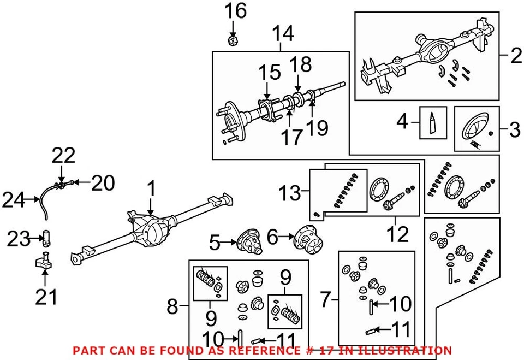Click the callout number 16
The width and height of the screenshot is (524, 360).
(x=236, y=11)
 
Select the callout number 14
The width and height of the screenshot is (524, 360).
(x=283, y=34)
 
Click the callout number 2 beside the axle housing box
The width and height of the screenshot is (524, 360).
(x=513, y=55)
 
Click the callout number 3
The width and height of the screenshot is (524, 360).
(x=514, y=130)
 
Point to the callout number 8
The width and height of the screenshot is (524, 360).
(x=172, y=307)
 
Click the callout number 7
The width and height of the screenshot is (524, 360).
(x=326, y=299)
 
